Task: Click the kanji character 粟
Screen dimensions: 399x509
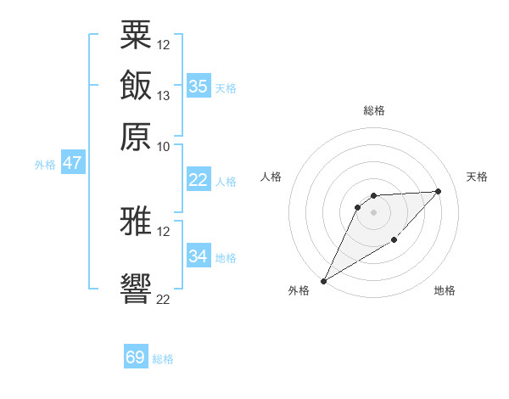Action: [136, 35]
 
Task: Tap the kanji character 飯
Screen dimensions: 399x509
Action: [136, 86]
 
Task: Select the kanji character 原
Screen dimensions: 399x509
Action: [136, 135]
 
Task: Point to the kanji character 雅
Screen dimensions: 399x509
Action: [136, 222]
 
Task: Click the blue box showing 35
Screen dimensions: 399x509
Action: [198, 86]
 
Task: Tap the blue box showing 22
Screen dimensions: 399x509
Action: [198, 180]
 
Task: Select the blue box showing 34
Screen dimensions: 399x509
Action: [198, 256]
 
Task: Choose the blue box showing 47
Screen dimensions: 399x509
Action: [72, 163]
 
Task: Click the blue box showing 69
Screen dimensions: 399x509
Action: [136, 357]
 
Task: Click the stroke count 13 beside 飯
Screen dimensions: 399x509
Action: [164, 95]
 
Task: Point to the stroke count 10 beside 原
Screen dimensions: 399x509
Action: [164, 146]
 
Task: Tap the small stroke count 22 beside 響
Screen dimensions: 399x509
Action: [164, 299]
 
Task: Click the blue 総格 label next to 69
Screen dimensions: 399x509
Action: [163, 359]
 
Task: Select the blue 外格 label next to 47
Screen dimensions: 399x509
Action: [45, 165]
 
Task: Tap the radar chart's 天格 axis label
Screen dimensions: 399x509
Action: [477, 177]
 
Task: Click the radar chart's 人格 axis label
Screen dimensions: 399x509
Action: [271, 177]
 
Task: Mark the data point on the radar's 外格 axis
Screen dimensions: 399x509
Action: [323, 280]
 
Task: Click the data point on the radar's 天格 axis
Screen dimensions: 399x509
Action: [439, 191]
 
